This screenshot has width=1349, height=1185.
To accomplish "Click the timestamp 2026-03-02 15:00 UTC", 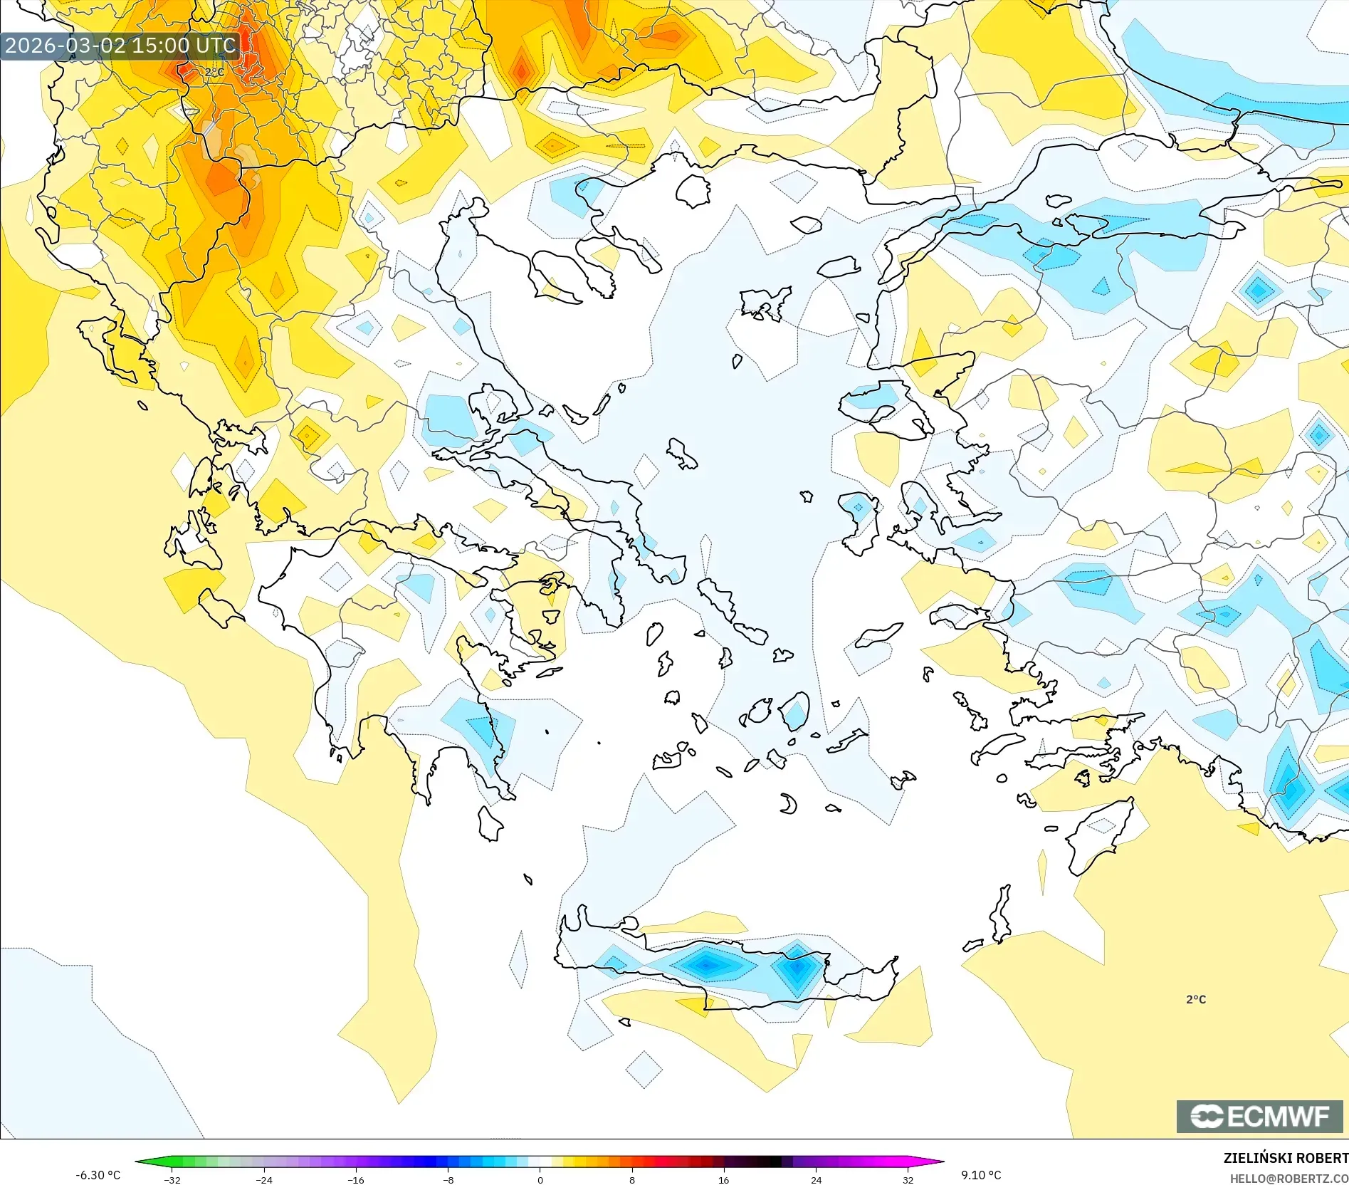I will pyautogui.click(x=120, y=46).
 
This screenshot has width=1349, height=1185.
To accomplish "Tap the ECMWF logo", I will pyautogui.click(x=1259, y=1116).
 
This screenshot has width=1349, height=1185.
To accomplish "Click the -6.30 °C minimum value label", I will pyautogui.click(x=98, y=1175).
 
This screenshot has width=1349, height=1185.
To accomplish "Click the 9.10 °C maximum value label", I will pyautogui.click(x=981, y=1175).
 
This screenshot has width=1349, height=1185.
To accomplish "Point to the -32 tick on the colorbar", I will pyautogui.click(x=172, y=1179).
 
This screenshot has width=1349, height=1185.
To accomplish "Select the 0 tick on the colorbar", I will pyautogui.click(x=540, y=1179).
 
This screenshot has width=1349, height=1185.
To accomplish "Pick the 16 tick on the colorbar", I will pyautogui.click(x=724, y=1179).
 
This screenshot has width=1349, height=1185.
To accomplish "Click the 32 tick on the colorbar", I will pyautogui.click(x=908, y=1179).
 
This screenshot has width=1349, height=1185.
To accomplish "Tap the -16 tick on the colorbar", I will pyautogui.click(x=356, y=1179).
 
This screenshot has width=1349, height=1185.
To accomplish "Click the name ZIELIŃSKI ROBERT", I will pyautogui.click(x=1286, y=1158).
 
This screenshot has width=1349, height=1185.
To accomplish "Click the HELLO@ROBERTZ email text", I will pyautogui.click(x=1288, y=1179).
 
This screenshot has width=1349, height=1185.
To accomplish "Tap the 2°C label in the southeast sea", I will pyautogui.click(x=1196, y=999).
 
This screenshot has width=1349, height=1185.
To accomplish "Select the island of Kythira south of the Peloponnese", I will pyautogui.click(x=490, y=824).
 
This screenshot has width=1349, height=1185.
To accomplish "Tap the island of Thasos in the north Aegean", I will pyautogui.click(x=693, y=190).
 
